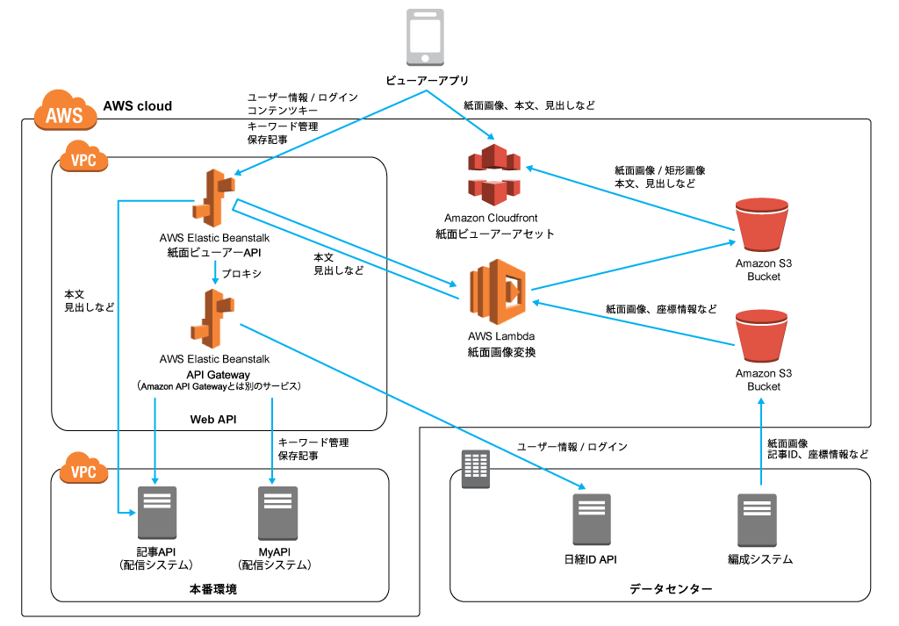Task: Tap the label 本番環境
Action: pyautogui.click(x=213, y=588)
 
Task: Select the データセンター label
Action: pyautogui.click(x=671, y=588)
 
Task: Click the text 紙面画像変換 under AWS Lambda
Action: pyautogui.click(x=501, y=351)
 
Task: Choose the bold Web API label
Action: pyautogui.click(x=214, y=419)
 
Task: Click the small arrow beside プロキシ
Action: pyautogui.click(x=214, y=275)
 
